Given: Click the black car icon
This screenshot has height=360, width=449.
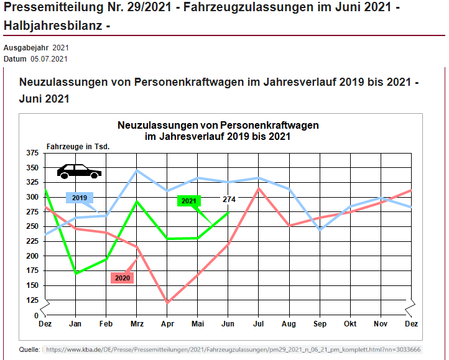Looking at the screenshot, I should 79,171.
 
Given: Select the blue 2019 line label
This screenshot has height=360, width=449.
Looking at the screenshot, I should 79,198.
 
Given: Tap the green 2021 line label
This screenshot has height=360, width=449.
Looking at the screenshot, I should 190,201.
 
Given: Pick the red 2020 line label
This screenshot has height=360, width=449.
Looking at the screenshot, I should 123,278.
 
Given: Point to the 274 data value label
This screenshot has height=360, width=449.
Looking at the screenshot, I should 229,200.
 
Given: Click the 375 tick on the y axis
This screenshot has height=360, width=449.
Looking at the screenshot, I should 31,153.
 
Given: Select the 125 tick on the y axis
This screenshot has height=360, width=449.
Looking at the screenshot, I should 31,300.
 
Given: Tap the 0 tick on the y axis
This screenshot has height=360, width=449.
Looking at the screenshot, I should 35,315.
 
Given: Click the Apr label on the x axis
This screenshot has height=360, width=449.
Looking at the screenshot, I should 167,325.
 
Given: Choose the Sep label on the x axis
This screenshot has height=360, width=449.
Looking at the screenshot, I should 320,325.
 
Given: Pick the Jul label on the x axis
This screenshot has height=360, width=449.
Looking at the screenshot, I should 259,325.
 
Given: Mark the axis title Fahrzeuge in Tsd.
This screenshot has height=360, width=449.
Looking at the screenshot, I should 78,147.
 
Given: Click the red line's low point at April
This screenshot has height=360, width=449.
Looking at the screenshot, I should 167,303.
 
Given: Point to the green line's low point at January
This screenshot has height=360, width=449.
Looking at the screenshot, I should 76,274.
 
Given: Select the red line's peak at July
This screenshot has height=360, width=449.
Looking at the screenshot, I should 259,188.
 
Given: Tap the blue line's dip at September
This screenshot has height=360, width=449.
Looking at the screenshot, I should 320,230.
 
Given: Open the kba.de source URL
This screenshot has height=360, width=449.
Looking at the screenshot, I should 231,349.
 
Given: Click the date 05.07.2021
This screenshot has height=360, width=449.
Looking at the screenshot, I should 49,59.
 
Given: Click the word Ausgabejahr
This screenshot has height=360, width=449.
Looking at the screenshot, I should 25,48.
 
